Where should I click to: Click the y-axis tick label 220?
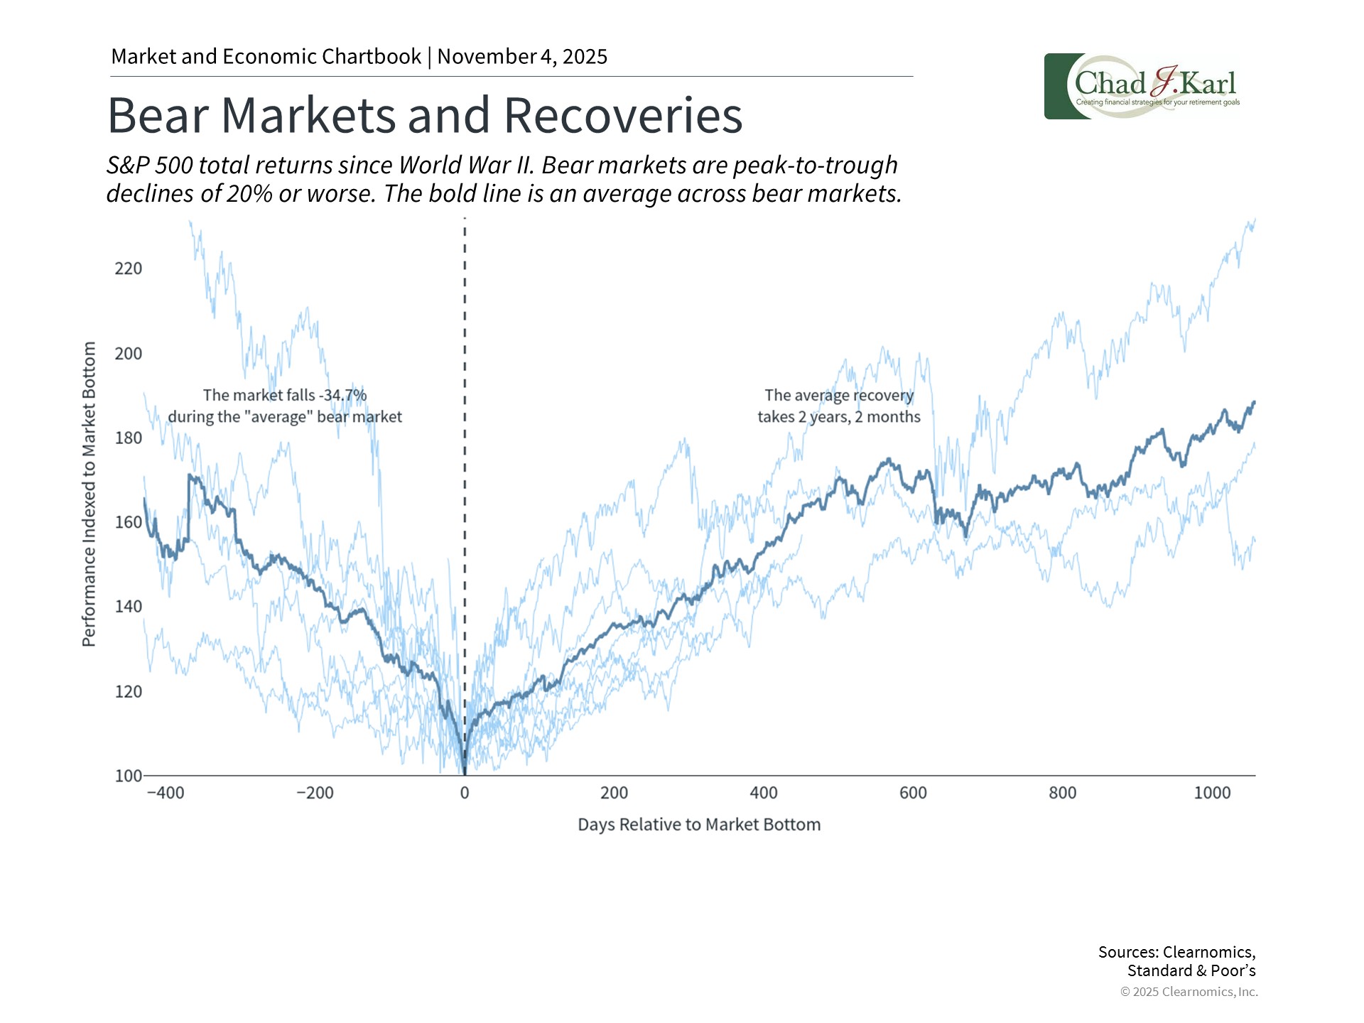point(128,269)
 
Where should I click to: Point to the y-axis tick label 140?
point(128,607)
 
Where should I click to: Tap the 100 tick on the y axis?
point(128,776)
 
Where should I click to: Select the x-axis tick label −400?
point(166,793)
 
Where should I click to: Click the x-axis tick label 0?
point(465,793)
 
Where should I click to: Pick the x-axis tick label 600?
point(913,793)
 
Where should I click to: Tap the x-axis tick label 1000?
point(1212,793)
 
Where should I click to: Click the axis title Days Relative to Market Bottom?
point(699,825)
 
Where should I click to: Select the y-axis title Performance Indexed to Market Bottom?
point(89,494)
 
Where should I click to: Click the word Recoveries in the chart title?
point(623,115)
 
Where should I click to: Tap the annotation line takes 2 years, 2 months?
point(838,417)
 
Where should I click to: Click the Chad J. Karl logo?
point(1142,87)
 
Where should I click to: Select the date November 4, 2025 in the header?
point(522,57)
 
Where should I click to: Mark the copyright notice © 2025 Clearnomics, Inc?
point(1189,992)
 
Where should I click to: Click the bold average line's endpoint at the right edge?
point(1254,403)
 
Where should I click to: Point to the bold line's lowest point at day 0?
point(465,773)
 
